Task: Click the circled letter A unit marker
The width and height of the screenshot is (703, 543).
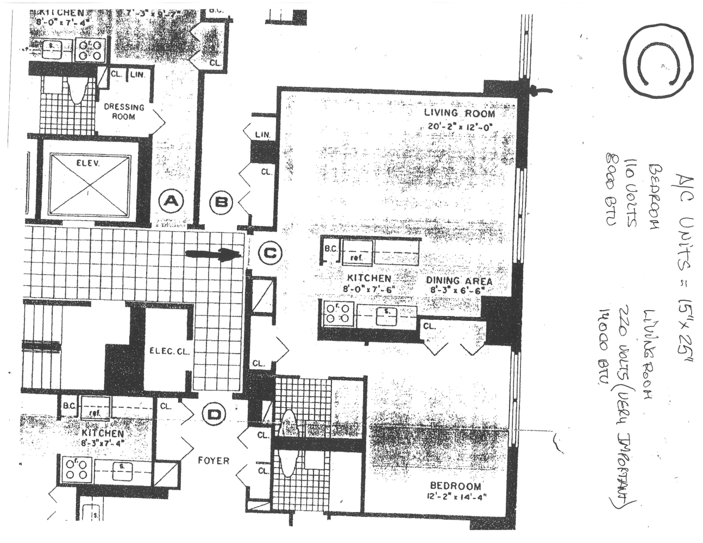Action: pyautogui.click(x=171, y=202)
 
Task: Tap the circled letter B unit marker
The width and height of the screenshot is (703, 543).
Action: pyautogui.click(x=222, y=202)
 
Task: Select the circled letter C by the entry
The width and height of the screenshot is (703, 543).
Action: pyautogui.click(x=269, y=253)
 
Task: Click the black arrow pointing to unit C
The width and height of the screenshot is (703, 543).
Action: pyautogui.click(x=214, y=254)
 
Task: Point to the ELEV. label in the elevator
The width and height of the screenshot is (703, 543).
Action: pyautogui.click(x=90, y=162)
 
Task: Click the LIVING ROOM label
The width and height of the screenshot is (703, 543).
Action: pyautogui.click(x=459, y=113)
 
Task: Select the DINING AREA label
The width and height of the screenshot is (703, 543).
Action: pyautogui.click(x=459, y=281)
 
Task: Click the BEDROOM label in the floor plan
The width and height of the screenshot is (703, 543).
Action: pyautogui.click(x=455, y=485)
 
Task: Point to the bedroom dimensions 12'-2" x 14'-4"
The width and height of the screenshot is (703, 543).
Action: pyautogui.click(x=455, y=496)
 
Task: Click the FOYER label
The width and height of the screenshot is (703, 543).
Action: pyautogui.click(x=213, y=460)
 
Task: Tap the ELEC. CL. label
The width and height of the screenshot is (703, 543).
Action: pyautogui.click(x=170, y=351)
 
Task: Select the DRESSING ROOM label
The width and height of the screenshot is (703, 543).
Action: pyautogui.click(x=124, y=111)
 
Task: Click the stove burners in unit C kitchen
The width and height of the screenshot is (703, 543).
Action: pyautogui.click(x=338, y=314)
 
